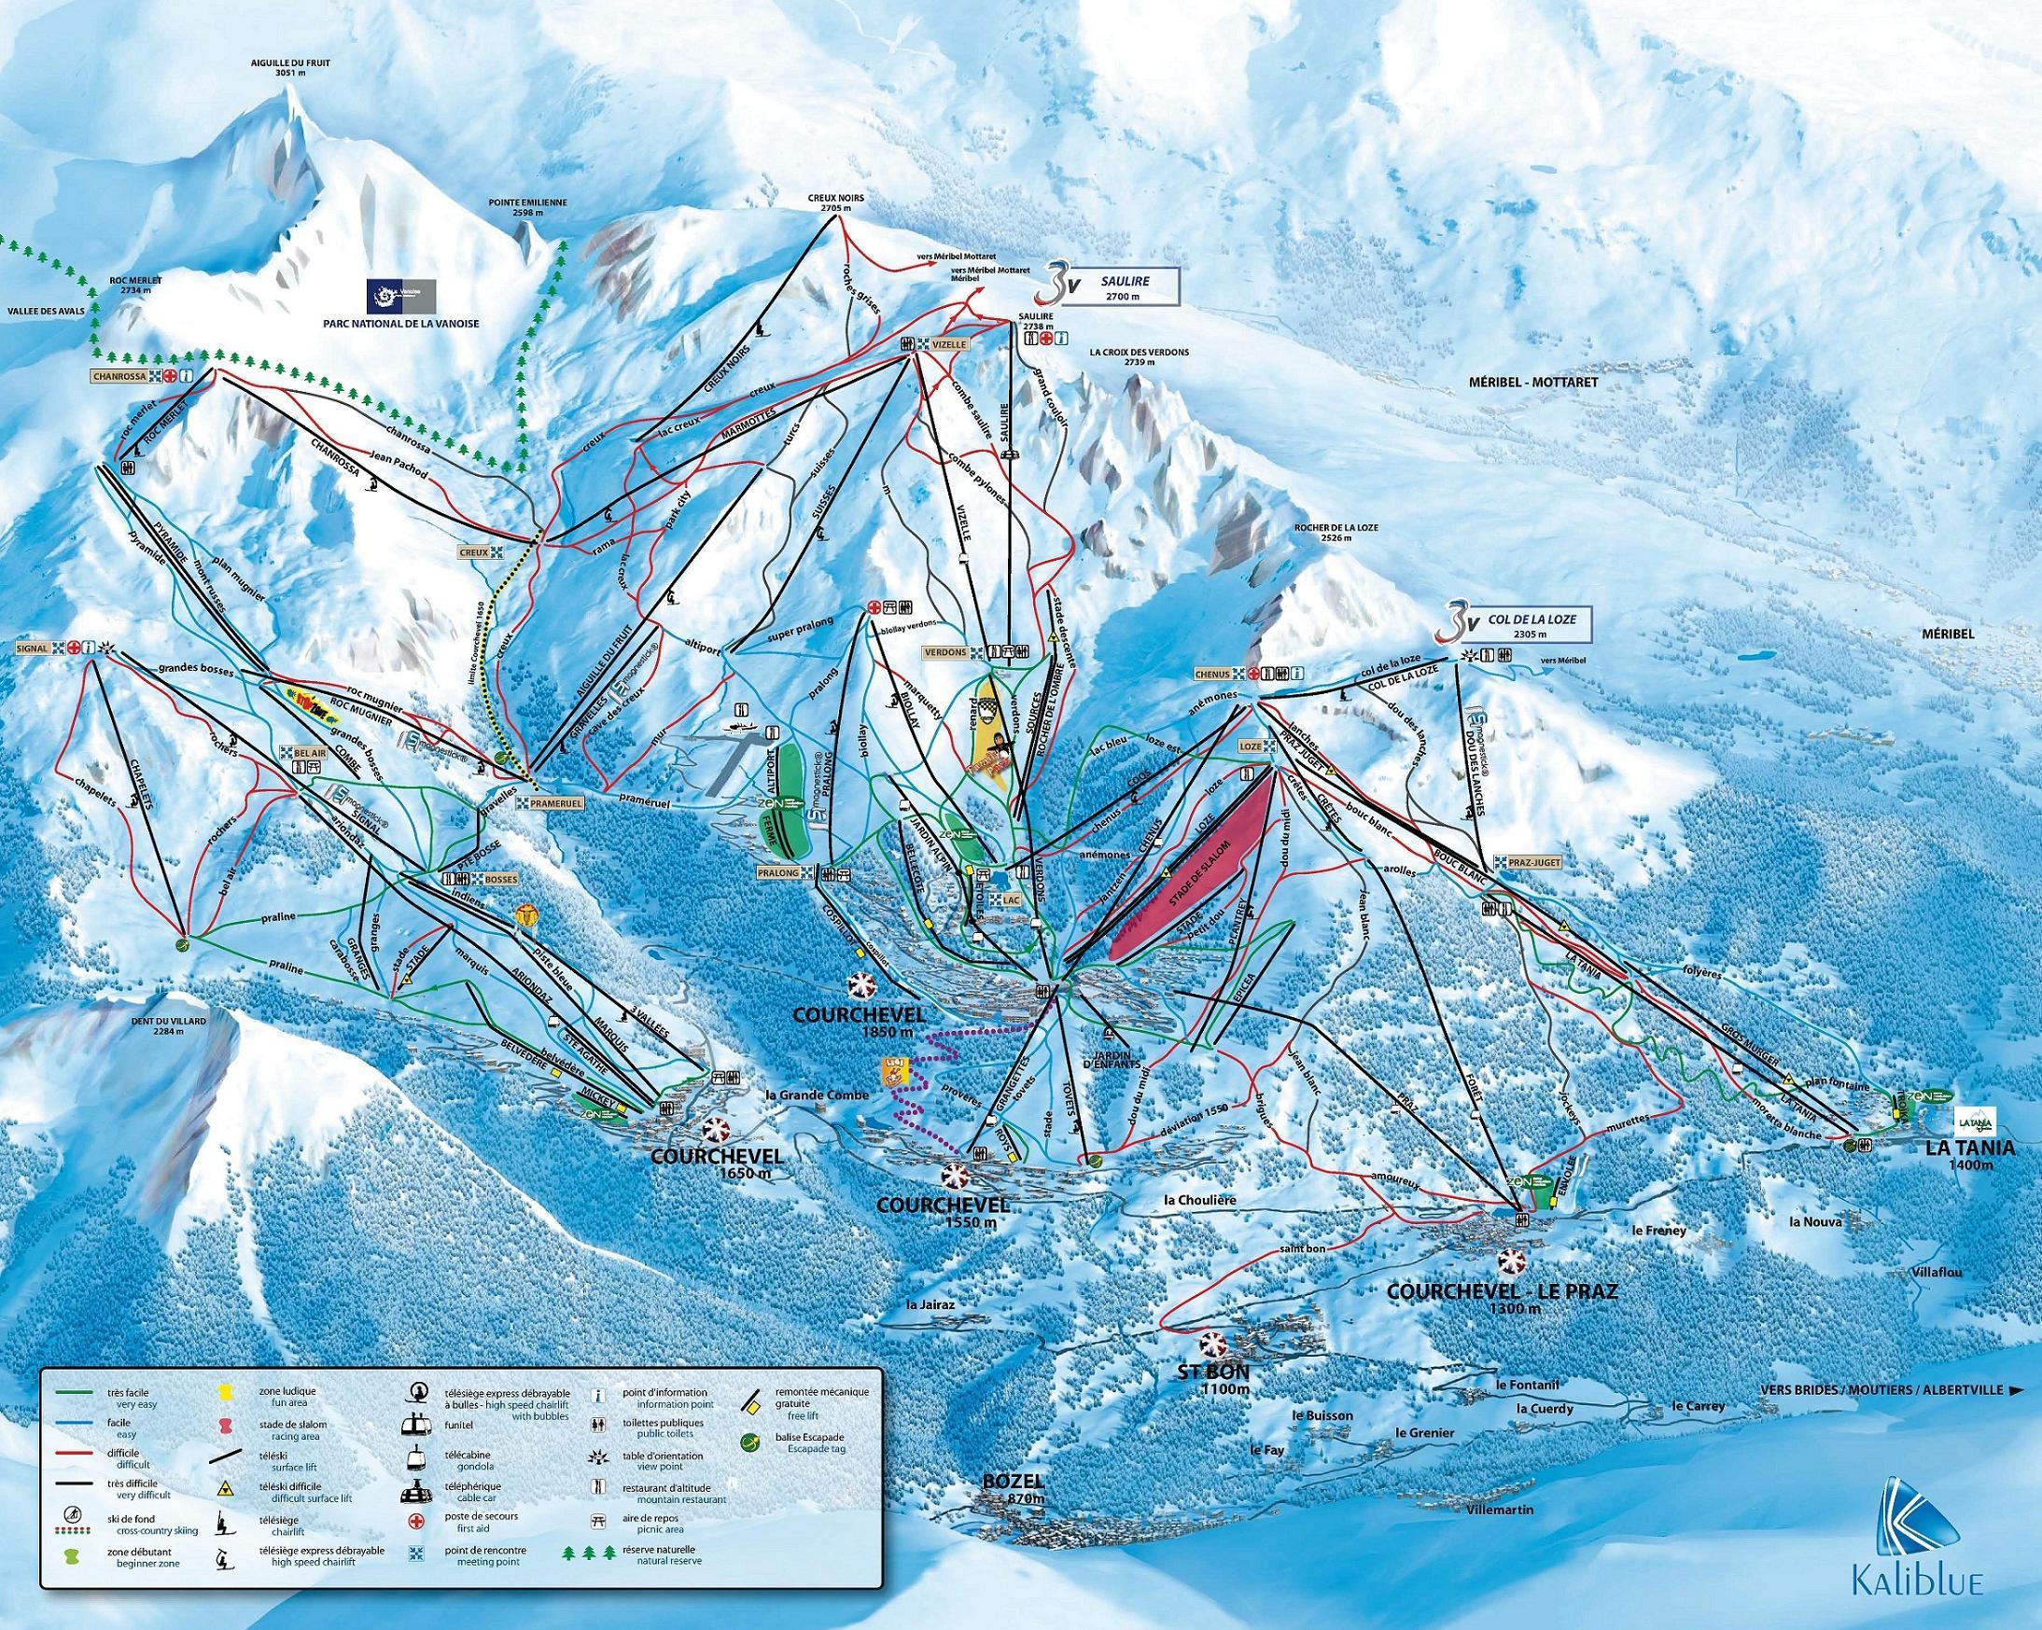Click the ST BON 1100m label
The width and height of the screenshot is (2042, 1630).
(1213, 1381)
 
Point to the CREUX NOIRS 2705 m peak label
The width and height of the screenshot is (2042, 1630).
(833, 203)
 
